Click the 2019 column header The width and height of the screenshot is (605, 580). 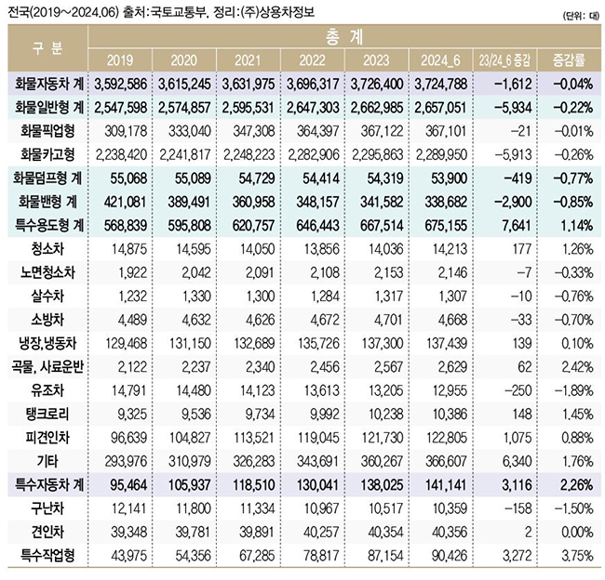120,60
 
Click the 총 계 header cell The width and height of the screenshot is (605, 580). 344,38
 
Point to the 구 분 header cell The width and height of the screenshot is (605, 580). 47,48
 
